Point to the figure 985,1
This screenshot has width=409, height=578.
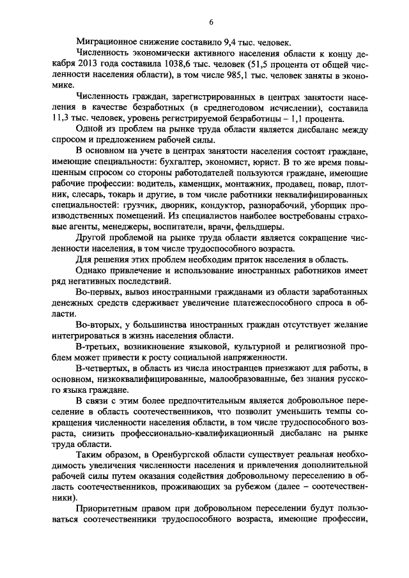[x=223, y=75]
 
